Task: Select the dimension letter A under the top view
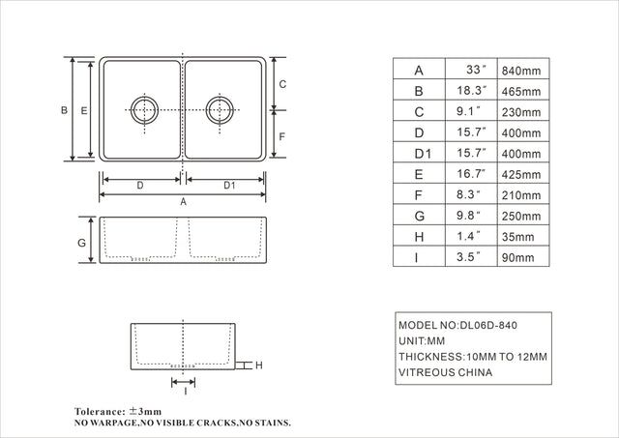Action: [183, 202]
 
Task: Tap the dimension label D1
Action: [229, 184]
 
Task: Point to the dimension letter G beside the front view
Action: [83, 242]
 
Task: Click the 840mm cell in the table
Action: [522, 71]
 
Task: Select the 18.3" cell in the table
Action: [467, 92]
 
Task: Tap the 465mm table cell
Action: [522, 92]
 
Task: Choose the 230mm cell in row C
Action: [522, 112]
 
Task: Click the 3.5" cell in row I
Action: [467, 258]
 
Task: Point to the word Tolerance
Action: [101, 411]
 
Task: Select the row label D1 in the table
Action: [421, 154]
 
